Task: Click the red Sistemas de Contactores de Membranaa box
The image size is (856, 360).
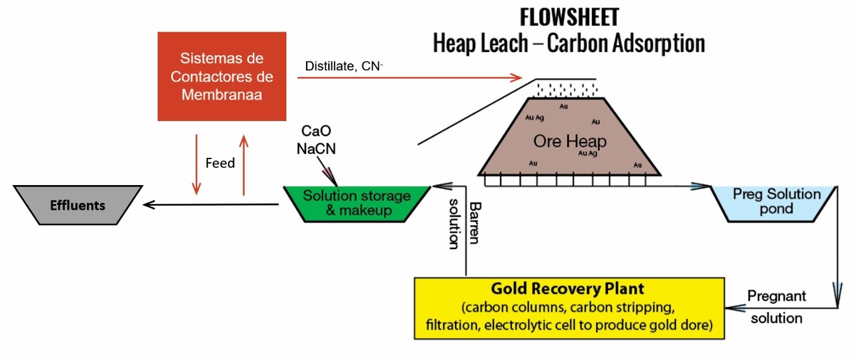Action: point(227,77)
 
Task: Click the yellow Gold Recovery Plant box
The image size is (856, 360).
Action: point(568,307)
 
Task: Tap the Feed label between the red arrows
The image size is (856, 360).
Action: point(220,163)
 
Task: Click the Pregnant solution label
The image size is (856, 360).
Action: point(776,307)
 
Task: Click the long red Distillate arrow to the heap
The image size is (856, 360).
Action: point(412,77)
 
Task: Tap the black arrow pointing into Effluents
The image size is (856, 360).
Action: point(209,205)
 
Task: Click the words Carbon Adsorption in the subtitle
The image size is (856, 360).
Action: point(625,43)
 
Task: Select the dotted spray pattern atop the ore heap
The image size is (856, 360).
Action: point(565,89)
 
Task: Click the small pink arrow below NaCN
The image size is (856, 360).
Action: point(328,172)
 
